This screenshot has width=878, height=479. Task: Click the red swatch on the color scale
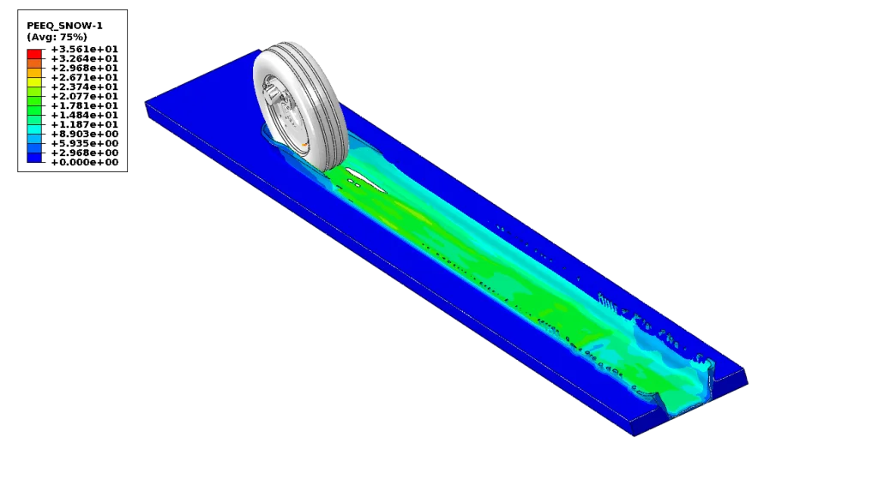[x=34, y=53]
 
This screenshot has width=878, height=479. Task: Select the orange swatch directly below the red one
[x=34, y=63]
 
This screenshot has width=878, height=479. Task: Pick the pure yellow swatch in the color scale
[x=34, y=82]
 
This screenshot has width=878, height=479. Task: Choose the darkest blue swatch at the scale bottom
[x=34, y=158]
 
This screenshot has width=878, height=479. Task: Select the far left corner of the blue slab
[x=141, y=100]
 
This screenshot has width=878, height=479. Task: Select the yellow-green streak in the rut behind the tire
[x=403, y=219]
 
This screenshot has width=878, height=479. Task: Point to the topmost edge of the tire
[x=287, y=42]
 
